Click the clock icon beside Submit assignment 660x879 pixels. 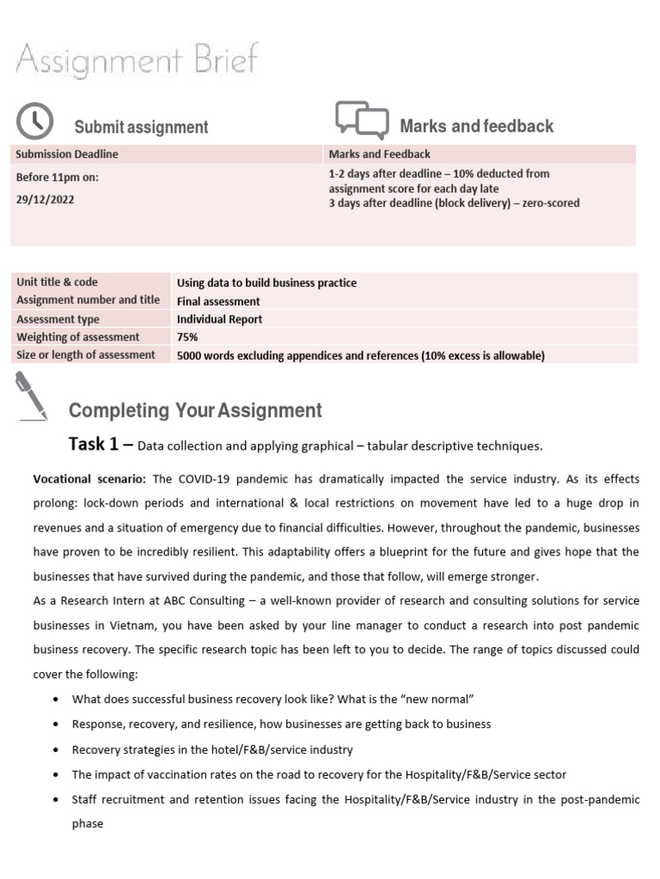34,121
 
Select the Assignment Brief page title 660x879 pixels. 137,63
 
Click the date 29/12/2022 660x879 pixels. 46,198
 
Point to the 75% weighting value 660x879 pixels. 187,337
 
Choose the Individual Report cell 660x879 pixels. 219,319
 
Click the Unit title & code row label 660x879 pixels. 57,282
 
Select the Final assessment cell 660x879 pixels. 218,301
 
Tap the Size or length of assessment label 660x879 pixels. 86,355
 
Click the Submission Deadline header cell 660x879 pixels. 67,155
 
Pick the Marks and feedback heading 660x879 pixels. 476,126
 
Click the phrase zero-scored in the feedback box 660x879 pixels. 547,203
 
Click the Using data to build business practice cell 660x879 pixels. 266,283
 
